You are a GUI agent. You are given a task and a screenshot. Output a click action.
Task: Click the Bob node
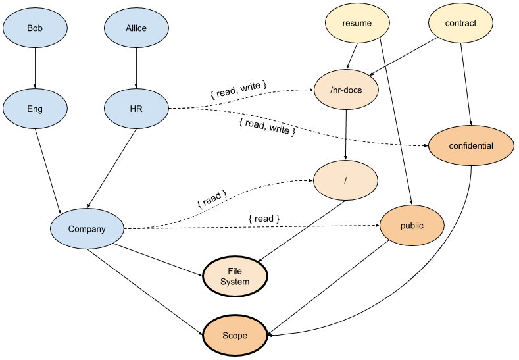point(35,29)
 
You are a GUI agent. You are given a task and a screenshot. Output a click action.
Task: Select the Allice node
point(136,29)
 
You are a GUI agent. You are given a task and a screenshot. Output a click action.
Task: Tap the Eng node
point(35,109)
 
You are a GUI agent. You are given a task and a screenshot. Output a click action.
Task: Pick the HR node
point(136,109)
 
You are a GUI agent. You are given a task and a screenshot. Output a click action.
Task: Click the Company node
point(87,229)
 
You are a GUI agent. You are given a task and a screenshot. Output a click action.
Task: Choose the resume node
point(357,23)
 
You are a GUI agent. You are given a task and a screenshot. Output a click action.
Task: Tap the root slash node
point(345,179)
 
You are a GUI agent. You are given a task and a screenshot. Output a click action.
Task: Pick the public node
point(412,226)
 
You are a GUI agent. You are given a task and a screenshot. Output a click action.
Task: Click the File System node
point(234,276)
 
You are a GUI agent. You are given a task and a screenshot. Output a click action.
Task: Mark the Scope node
point(234,336)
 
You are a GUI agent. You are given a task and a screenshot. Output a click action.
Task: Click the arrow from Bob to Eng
point(35,68)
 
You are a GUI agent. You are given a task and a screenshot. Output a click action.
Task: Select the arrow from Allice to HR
point(136,68)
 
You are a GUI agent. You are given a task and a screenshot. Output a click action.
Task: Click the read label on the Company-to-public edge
point(264,218)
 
